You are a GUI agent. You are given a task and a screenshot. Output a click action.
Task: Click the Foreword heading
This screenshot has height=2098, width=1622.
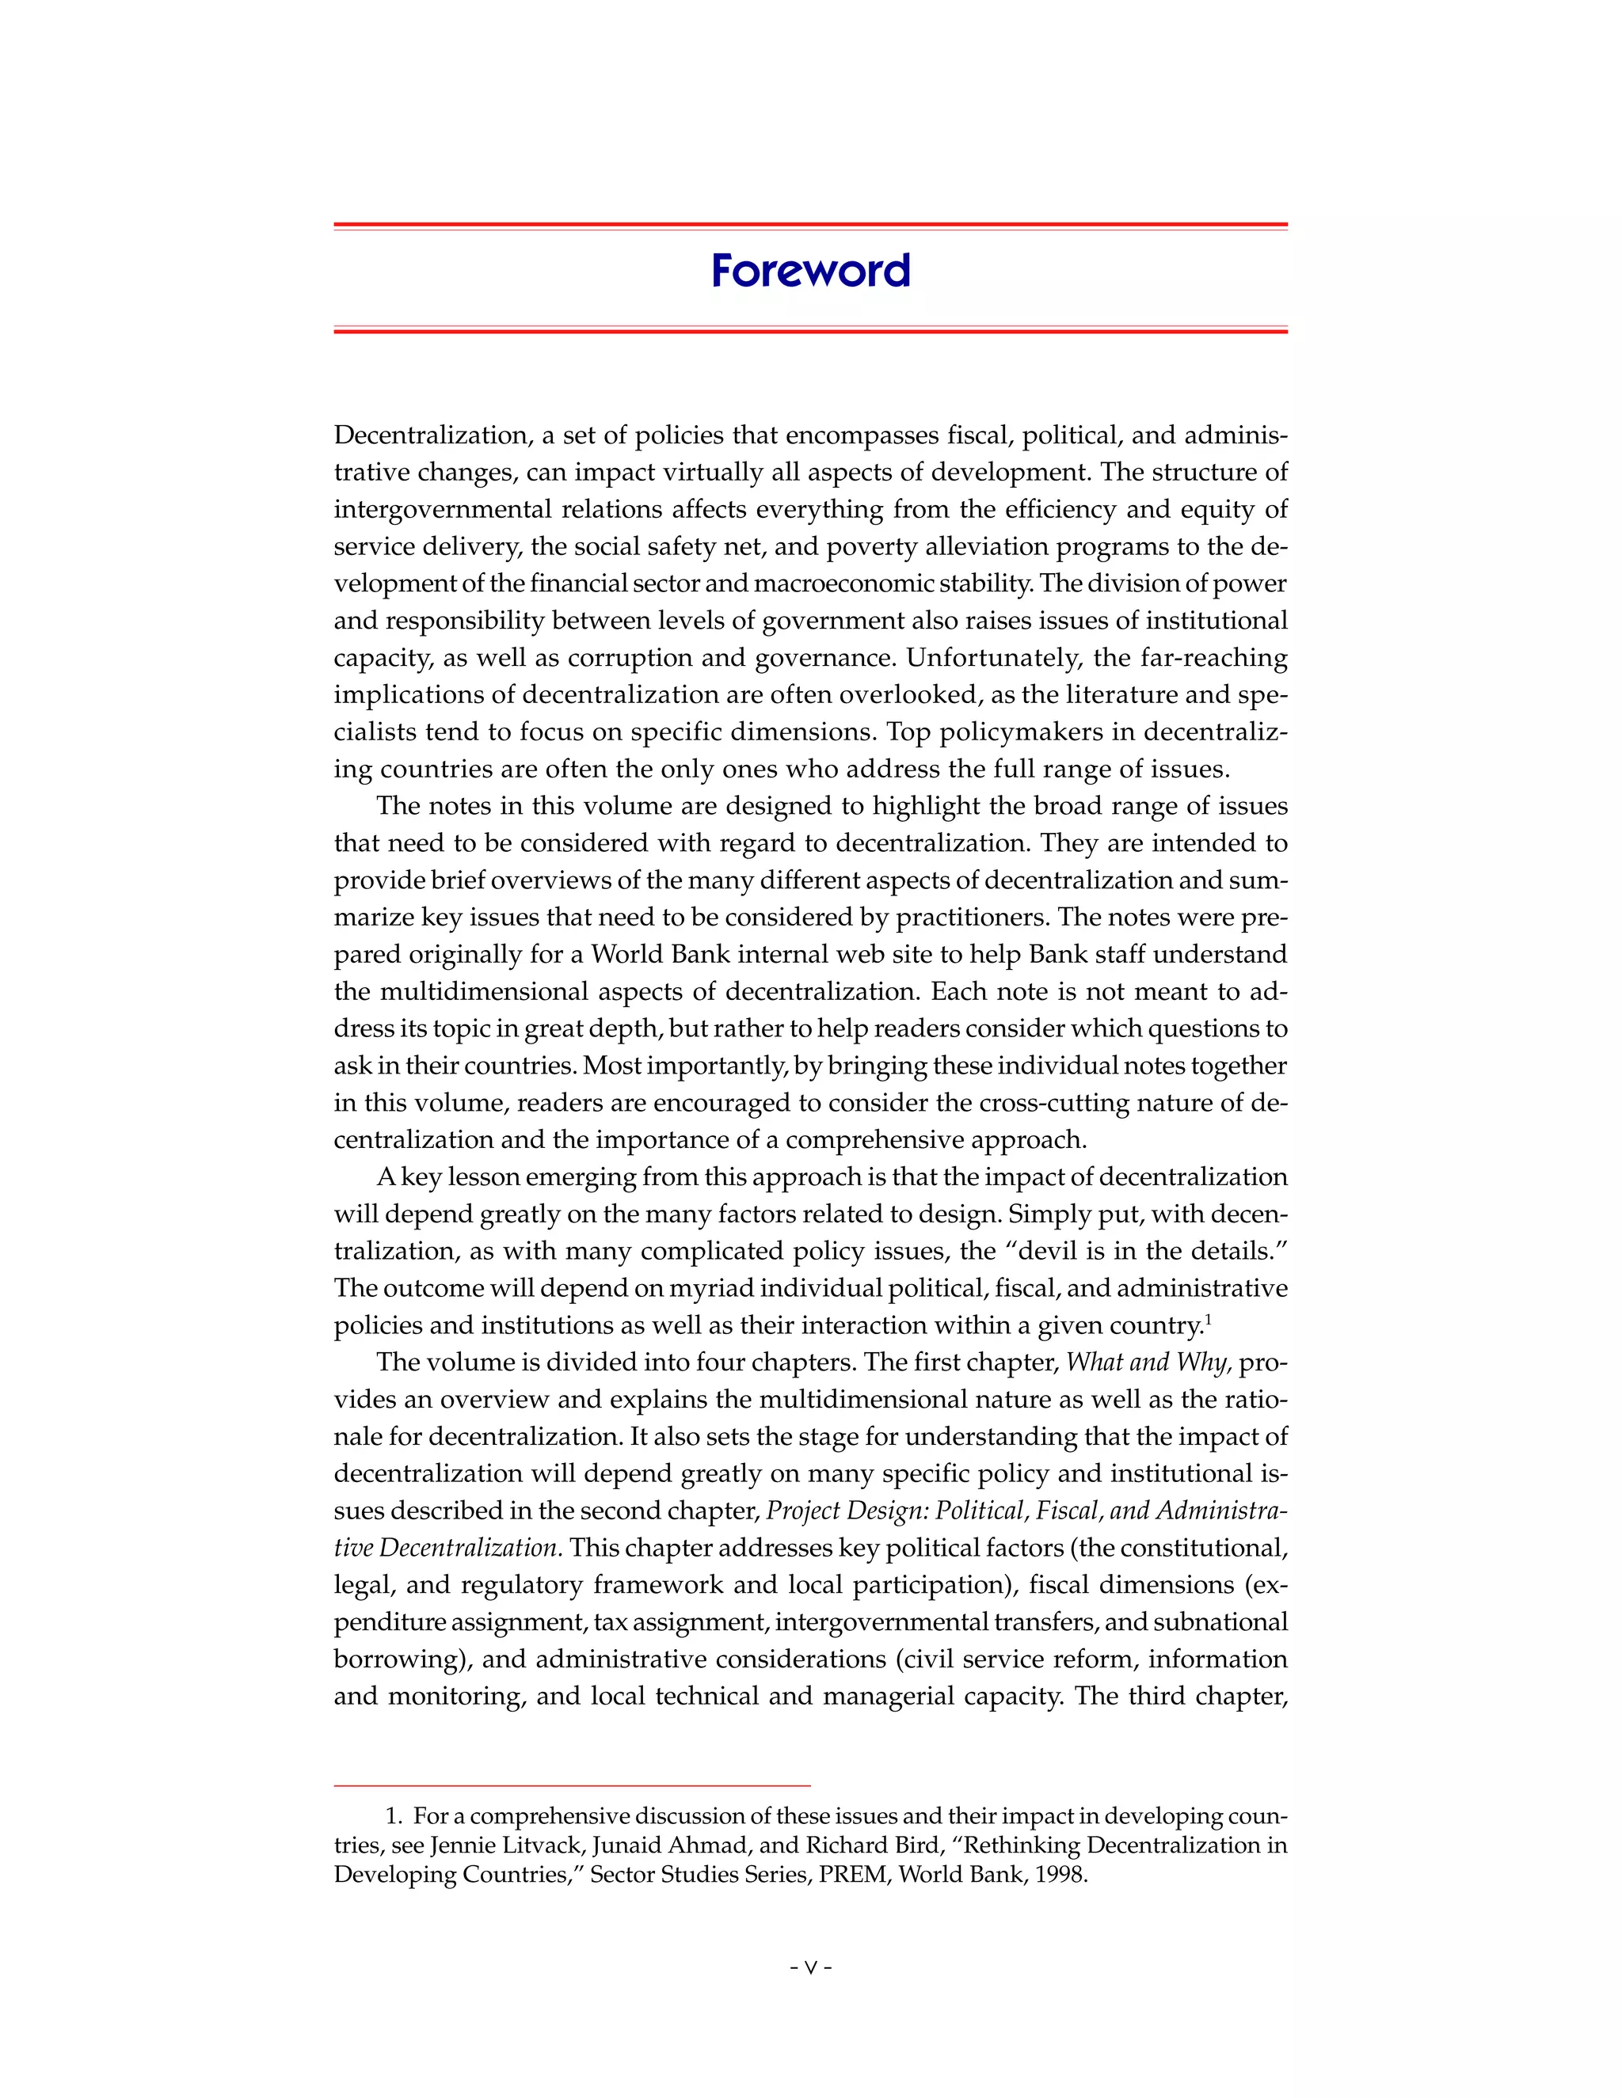pyautogui.click(x=810, y=271)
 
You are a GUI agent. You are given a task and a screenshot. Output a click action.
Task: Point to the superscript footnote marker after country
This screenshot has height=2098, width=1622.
pyautogui.click(x=1208, y=1319)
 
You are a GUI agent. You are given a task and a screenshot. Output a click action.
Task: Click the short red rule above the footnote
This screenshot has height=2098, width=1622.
pyautogui.click(x=572, y=1784)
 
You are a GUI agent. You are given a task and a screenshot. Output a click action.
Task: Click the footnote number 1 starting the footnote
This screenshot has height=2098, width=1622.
pyautogui.click(x=391, y=1816)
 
